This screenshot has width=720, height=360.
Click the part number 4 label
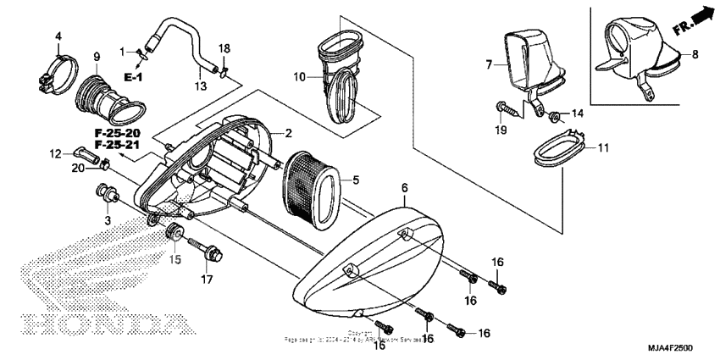[x=58, y=36]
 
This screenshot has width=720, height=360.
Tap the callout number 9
[x=96, y=56]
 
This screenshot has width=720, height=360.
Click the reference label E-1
[x=133, y=77]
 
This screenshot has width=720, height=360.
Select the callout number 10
[x=300, y=77]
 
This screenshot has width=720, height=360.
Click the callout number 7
[x=490, y=64]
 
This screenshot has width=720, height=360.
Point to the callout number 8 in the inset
[x=695, y=54]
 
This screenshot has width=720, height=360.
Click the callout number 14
[x=577, y=114]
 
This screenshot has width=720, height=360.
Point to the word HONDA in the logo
[x=102, y=324]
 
